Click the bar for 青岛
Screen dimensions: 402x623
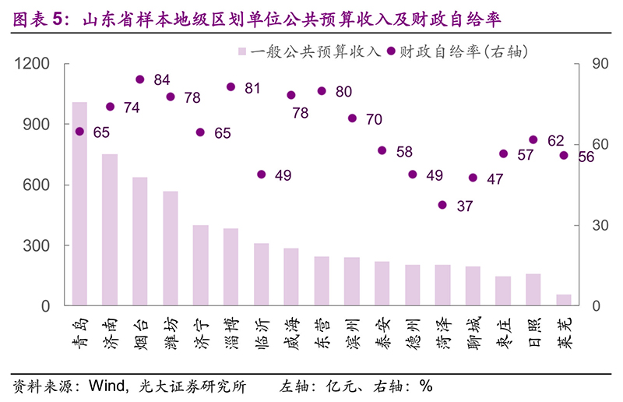pyautogui.click(x=79, y=204)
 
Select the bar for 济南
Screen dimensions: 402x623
pyautogui.click(x=110, y=230)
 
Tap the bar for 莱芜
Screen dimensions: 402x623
pyautogui.click(x=564, y=300)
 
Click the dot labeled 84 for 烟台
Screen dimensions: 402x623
pyautogui.click(x=140, y=79)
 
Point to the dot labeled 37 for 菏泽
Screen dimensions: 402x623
pyautogui.click(x=442, y=205)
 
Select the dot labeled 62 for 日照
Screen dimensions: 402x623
pyautogui.click(x=533, y=139)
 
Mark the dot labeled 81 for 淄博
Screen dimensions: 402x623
pyautogui.click(x=231, y=86)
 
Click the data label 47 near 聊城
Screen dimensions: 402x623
pyautogui.click(x=495, y=178)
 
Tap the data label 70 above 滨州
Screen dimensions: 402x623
pyautogui.click(x=374, y=119)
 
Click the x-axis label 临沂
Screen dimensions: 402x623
pyautogui.click(x=262, y=332)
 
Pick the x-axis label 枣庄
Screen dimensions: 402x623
pyautogui.click(x=503, y=332)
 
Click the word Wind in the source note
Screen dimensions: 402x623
pyautogui.click(x=104, y=386)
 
